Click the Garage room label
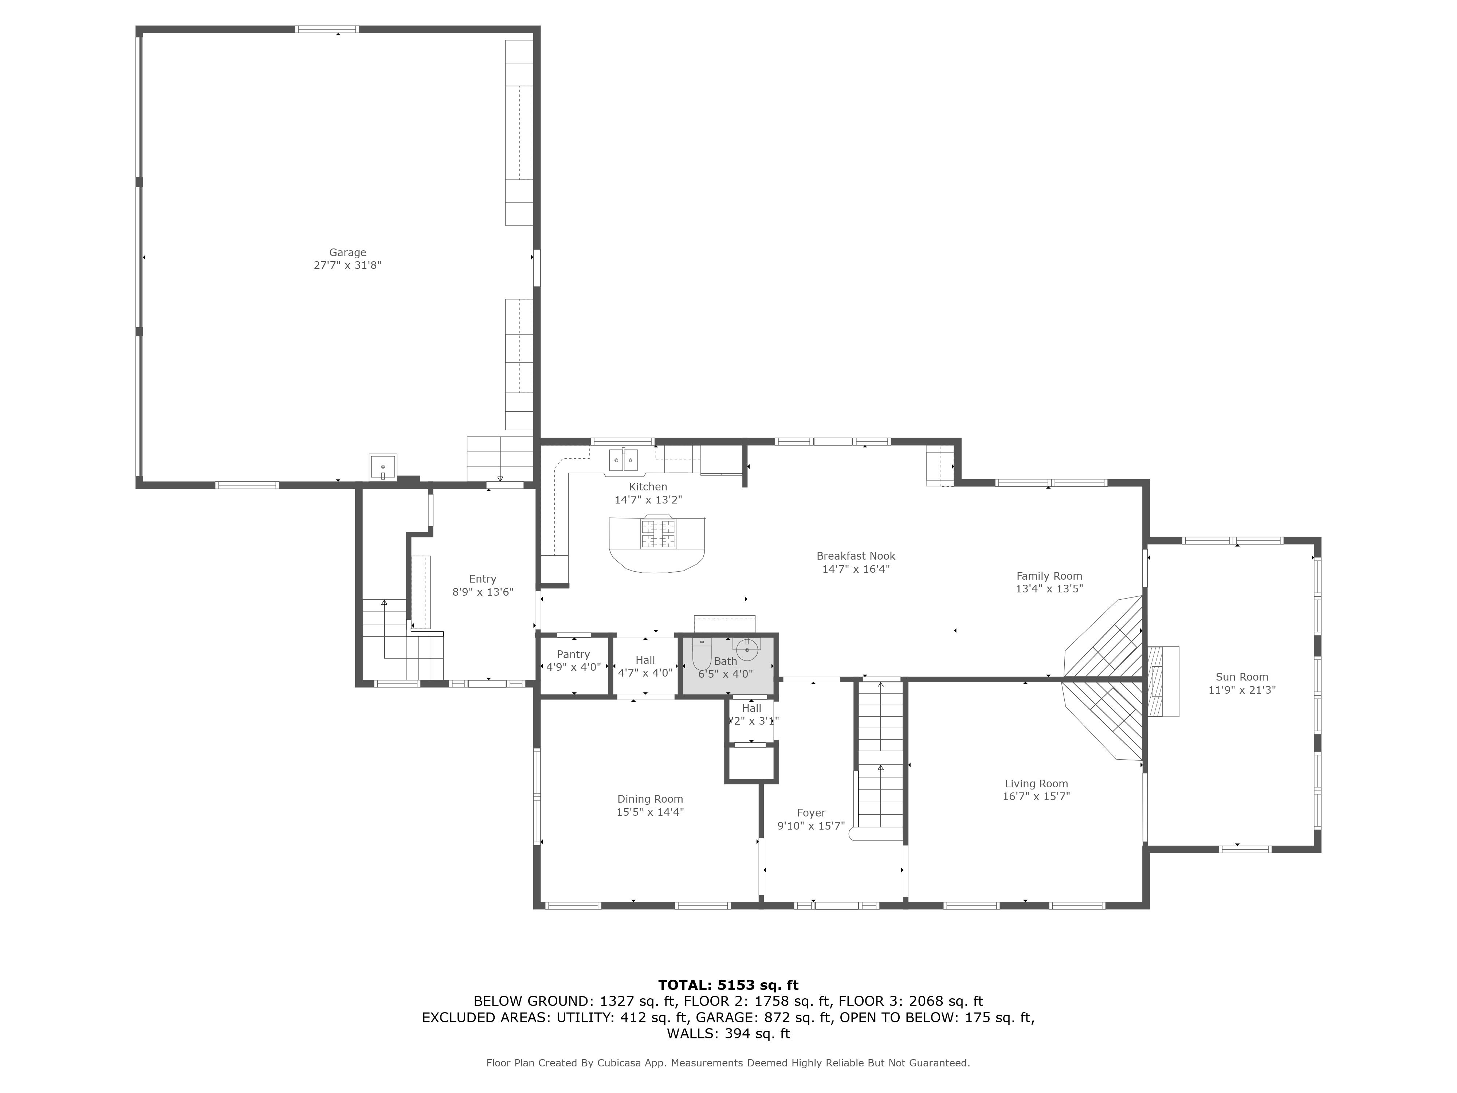pyautogui.click(x=347, y=252)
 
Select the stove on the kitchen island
pyautogui.click(x=659, y=534)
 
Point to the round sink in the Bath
pyautogui.click(x=747, y=649)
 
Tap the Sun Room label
pyautogui.click(x=1242, y=677)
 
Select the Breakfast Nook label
pyautogui.click(x=856, y=556)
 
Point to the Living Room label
pyautogui.click(x=1036, y=783)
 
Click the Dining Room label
pyautogui.click(x=649, y=799)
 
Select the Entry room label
pyautogui.click(x=482, y=579)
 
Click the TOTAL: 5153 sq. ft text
pyautogui.click(x=728, y=985)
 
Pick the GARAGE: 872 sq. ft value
pyautogui.click(x=764, y=1017)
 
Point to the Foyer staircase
pyautogui.click(x=880, y=758)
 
